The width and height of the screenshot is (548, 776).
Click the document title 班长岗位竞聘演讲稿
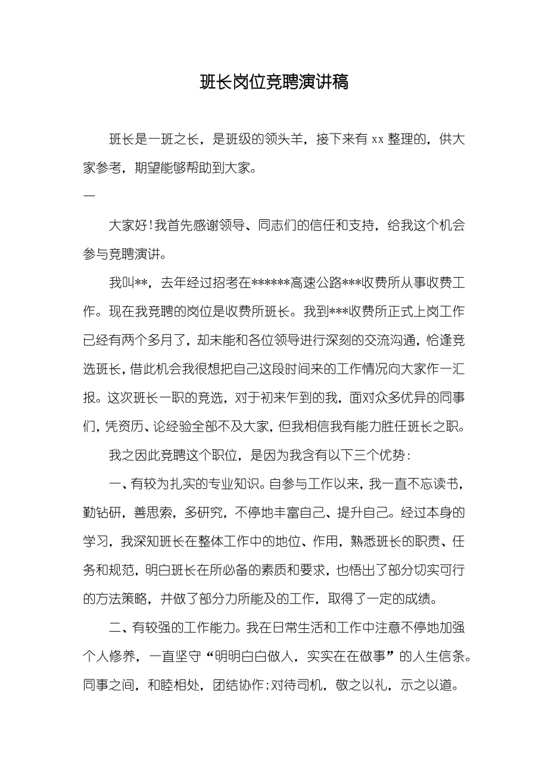click(x=274, y=82)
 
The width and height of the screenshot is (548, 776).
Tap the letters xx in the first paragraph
click(x=377, y=140)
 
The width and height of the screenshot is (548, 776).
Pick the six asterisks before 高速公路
click(x=271, y=283)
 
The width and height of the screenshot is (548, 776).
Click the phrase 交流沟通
click(x=391, y=340)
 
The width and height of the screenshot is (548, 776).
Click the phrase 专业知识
click(x=231, y=483)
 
